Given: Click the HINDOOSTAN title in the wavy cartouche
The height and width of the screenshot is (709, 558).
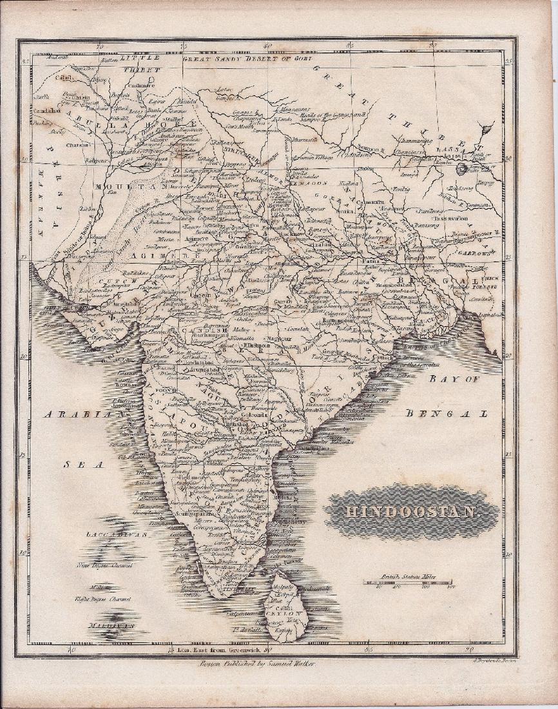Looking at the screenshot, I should click(x=412, y=512).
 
